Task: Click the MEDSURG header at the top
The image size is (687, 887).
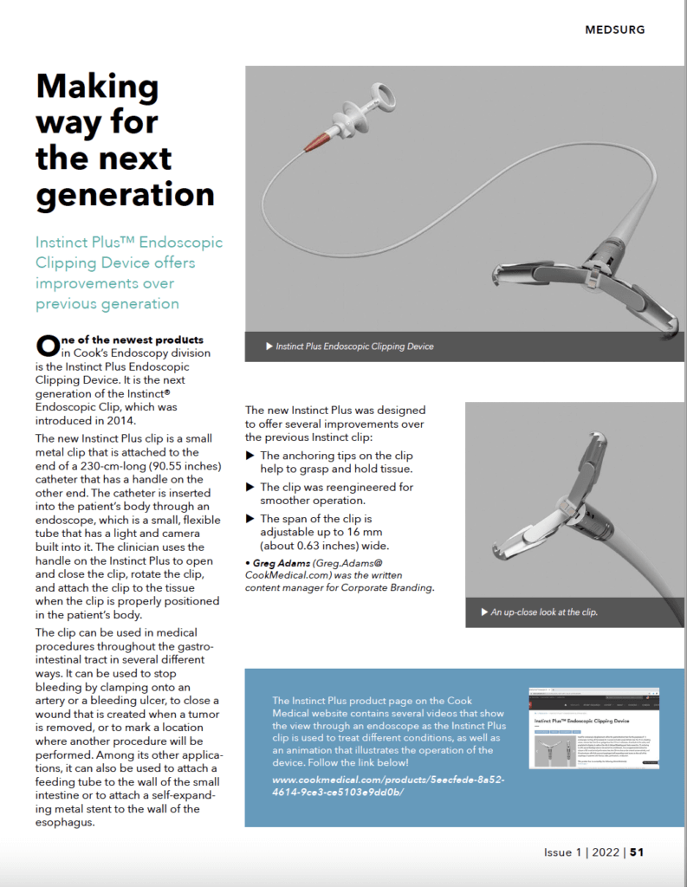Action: pos(614,29)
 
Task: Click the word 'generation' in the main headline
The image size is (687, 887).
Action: pos(124,194)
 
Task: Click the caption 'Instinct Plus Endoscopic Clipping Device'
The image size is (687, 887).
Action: pos(353,346)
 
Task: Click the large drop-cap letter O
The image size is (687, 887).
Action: pos(47,346)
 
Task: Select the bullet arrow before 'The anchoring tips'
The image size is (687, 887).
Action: pos(251,456)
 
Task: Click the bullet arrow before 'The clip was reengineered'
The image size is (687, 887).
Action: pos(251,487)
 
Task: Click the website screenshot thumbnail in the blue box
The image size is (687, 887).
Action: pos(594,727)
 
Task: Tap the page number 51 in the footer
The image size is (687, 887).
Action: pos(637,852)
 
